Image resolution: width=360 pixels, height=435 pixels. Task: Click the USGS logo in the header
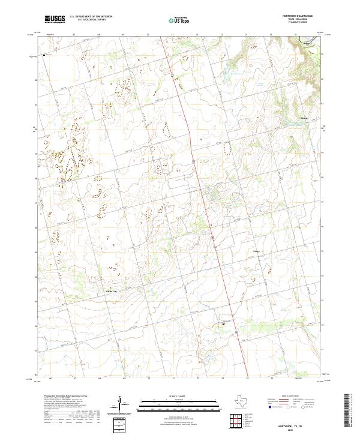tap(55, 20)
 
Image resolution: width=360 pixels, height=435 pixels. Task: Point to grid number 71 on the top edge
tap(173, 35)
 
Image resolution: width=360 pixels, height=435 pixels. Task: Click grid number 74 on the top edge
tap(247, 35)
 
